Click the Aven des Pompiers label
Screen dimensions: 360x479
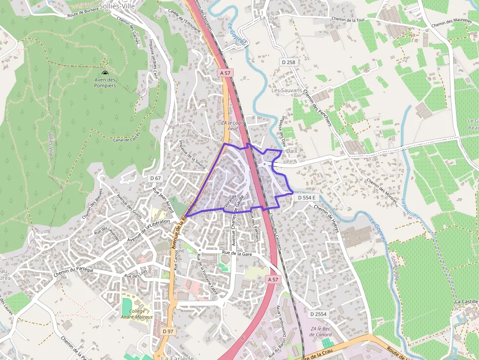(105, 83)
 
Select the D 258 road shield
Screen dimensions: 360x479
(288, 62)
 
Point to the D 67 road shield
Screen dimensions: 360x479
(155, 178)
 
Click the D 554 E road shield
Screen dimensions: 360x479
(306, 197)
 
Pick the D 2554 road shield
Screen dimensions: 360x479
(318, 314)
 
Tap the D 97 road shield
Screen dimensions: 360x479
(168, 331)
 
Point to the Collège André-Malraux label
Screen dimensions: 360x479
(137, 314)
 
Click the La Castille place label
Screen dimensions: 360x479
(466, 302)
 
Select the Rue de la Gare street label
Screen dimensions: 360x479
(237, 253)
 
